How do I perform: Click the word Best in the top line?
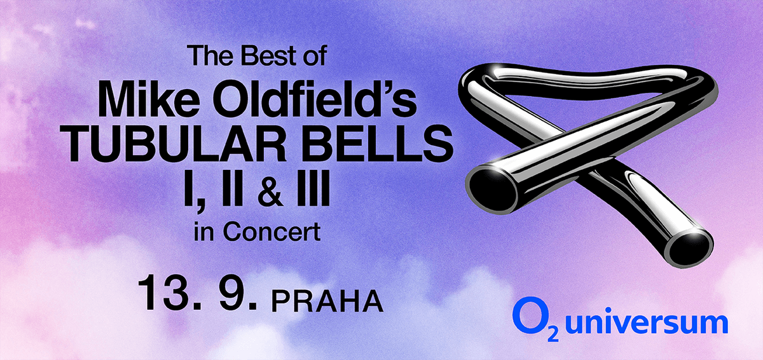(257, 58)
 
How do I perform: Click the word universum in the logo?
(646, 323)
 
